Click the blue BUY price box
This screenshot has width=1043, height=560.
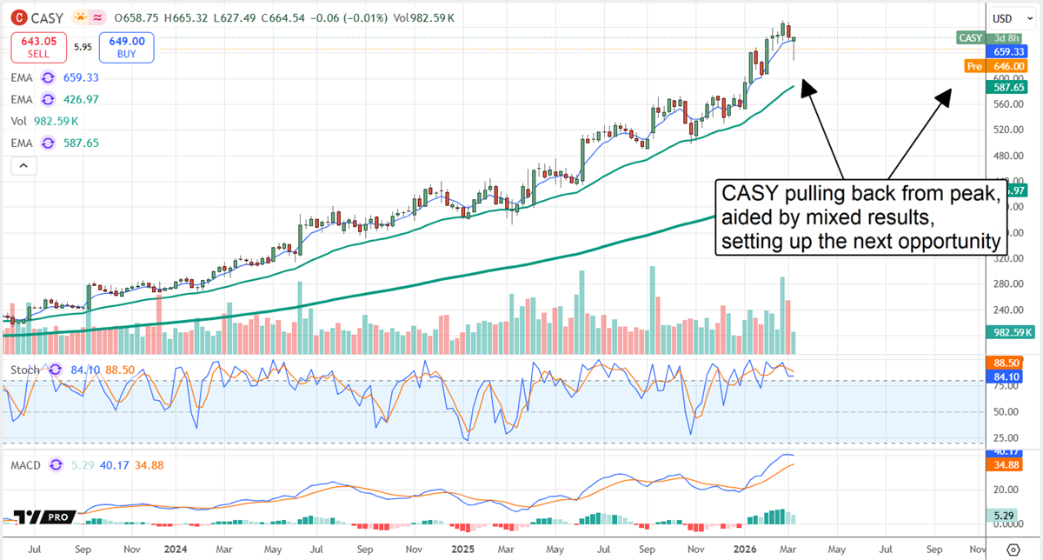point(126,47)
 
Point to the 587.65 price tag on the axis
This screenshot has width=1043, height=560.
point(1010,87)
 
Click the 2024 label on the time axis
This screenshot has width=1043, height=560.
point(176,550)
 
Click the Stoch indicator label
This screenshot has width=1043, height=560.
point(24,370)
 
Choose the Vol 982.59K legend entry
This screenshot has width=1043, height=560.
point(44,121)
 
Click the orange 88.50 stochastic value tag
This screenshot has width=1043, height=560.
point(1010,363)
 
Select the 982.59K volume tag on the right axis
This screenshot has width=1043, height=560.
point(1010,332)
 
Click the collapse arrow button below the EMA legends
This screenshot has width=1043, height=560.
point(23,164)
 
